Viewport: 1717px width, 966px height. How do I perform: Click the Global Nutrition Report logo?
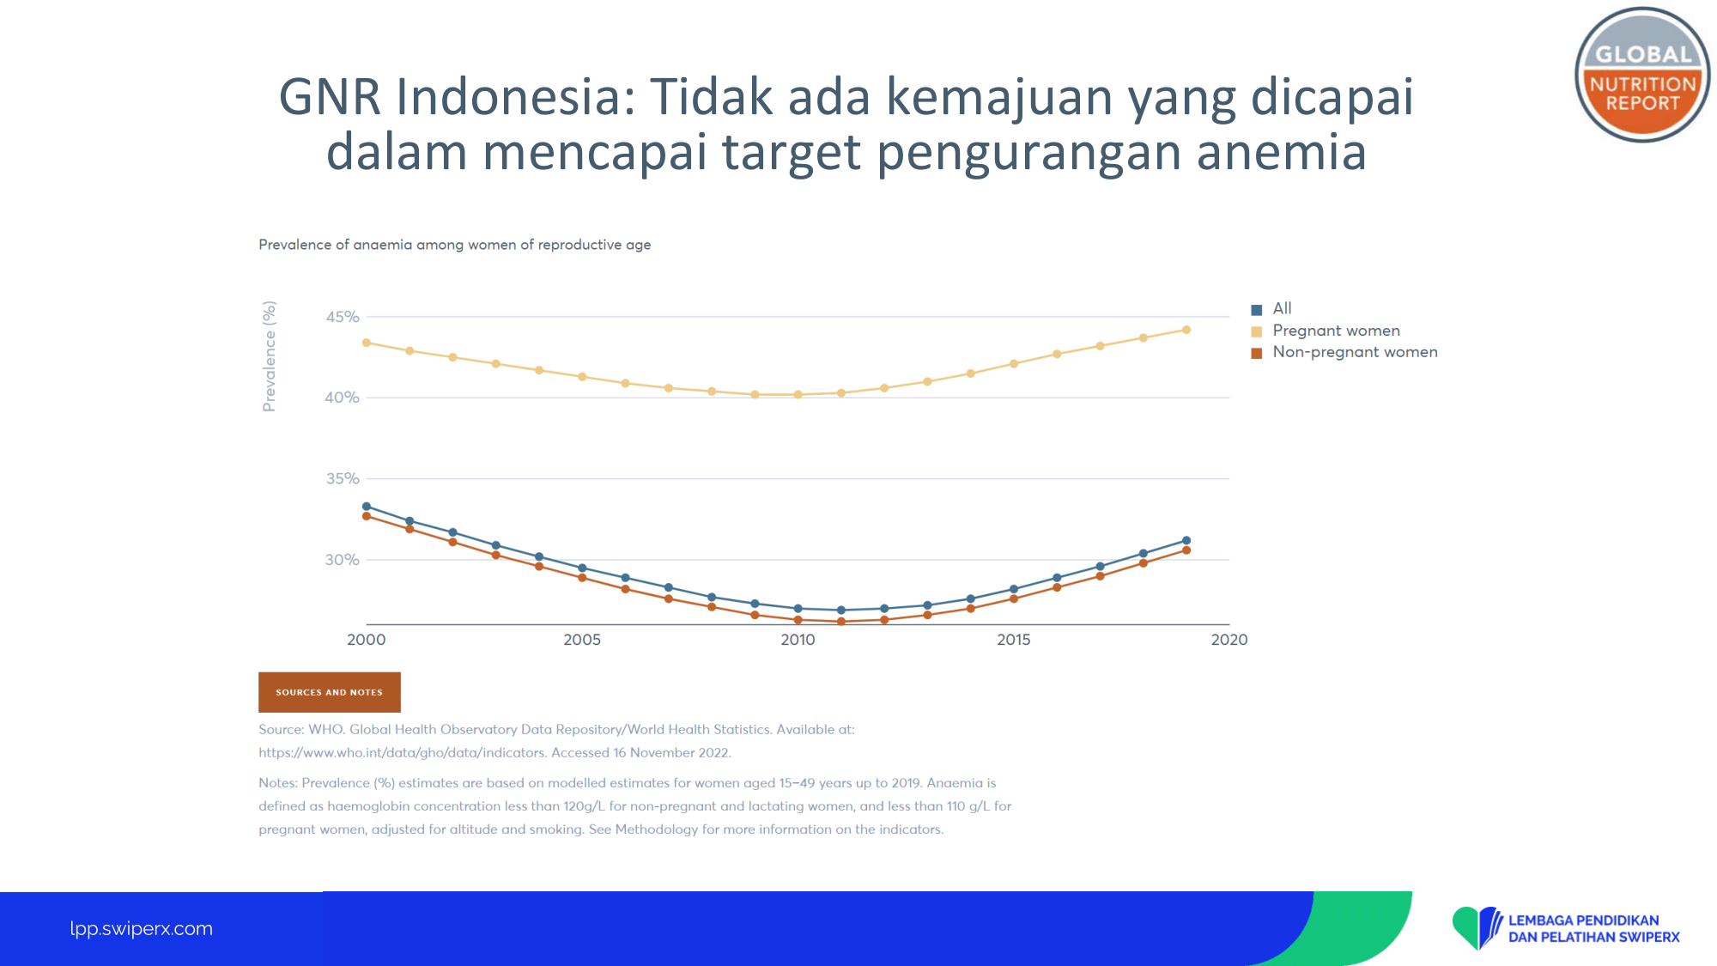(x=1641, y=75)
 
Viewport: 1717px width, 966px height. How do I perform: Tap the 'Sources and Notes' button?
(x=330, y=692)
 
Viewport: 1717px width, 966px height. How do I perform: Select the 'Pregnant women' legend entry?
(x=1326, y=331)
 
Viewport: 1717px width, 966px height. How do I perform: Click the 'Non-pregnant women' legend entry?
(x=1344, y=352)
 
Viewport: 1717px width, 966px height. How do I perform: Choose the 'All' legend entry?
(x=1271, y=308)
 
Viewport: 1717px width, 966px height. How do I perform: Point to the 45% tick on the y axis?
(x=342, y=317)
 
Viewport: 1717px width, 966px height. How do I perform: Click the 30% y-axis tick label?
(x=342, y=560)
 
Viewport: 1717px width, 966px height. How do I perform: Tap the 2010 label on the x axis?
(x=798, y=640)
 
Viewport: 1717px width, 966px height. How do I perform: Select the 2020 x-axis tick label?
(x=1229, y=640)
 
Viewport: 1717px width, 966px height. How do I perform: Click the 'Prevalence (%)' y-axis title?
(x=270, y=356)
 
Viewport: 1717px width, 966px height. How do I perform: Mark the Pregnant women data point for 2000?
(x=367, y=343)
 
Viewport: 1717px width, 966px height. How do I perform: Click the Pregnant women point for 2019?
(x=1186, y=330)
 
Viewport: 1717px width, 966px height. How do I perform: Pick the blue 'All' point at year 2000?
(x=367, y=507)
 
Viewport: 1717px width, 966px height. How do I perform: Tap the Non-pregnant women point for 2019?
(x=1186, y=550)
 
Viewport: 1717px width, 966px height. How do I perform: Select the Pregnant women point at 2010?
(x=798, y=395)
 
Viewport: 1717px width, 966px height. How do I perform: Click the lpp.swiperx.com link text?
(x=142, y=928)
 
